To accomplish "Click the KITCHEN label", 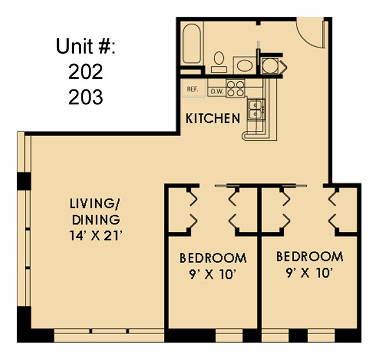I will (x=212, y=119).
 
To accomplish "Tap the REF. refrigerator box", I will (x=193, y=89).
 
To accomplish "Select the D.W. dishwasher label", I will (x=216, y=91).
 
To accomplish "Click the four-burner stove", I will (x=235, y=88).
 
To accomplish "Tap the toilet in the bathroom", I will (x=219, y=61).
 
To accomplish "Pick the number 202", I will (x=85, y=72).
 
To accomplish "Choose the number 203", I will (x=85, y=97).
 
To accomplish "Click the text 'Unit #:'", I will (x=86, y=46).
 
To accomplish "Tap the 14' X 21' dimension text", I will (x=95, y=235).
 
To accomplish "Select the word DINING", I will (x=96, y=220).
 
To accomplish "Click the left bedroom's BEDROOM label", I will (x=213, y=257).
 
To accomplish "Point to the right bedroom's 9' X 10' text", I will (x=310, y=273).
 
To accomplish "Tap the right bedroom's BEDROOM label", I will (x=310, y=256).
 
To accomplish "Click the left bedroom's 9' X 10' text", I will (x=213, y=274).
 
